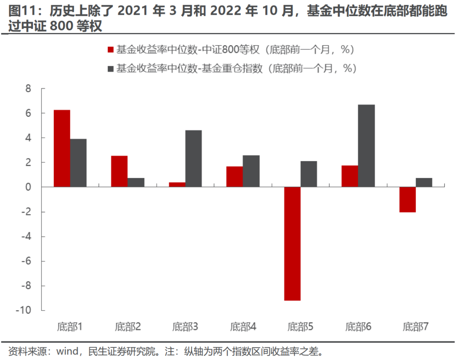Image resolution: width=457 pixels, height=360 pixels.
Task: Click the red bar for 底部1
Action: pyautogui.click(x=62, y=148)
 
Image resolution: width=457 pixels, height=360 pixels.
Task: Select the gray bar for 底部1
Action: pyautogui.click(x=78, y=163)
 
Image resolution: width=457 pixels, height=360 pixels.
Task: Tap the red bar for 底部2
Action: pyautogui.click(x=119, y=171)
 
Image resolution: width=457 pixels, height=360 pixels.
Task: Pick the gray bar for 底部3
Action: pyautogui.click(x=193, y=159)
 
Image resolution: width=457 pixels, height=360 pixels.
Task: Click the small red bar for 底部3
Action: pyautogui.click(x=177, y=184)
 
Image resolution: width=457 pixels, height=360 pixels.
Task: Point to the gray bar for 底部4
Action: pyautogui.click(x=251, y=171)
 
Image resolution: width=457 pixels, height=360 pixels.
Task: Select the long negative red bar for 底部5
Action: pyautogui.click(x=292, y=243)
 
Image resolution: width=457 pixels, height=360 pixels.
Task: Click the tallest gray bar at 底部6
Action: pyautogui.click(x=366, y=146)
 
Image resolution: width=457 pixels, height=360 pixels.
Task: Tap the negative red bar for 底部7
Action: pyautogui.click(x=407, y=199)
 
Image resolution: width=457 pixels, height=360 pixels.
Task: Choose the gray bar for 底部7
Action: pyautogui.click(x=424, y=182)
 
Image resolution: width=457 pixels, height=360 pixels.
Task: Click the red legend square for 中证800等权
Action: pyautogui.click(x=111, y=50)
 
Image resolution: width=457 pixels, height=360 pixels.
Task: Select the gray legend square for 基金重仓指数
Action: pyautogui.click(x=111, y=68)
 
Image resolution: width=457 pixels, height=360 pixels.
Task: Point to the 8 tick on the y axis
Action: pyautogui.click(x=28, y=89)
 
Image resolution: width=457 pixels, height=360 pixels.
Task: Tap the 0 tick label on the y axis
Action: pyautogui.click(x=28, y=187)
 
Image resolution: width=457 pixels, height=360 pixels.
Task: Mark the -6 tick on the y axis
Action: pyautogui.click(x=26, y=261)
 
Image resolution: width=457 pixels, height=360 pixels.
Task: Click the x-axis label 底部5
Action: pyautogui.click(x=300, y=327)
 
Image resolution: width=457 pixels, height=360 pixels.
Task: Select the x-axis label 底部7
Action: pyautogui.click(x=415, y=327)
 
